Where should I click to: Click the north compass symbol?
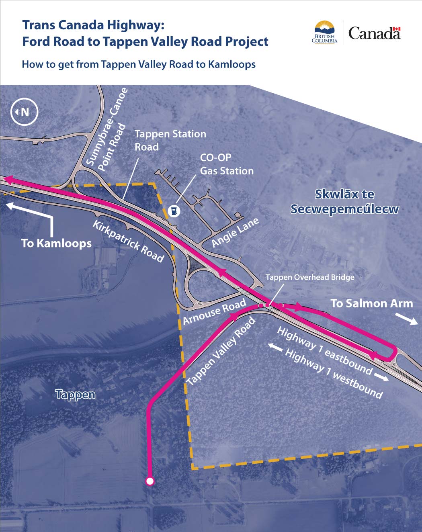tap(24, 112)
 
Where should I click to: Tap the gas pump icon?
tap(174, 211)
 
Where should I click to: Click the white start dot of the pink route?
tap(150, 481)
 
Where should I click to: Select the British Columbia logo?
tap(324, 33)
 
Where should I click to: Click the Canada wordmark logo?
tap(374, 33)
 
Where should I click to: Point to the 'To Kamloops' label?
tap(56, 243)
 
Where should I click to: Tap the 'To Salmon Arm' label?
tap(371, 303)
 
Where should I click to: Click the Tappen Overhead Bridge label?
tap(310, 277)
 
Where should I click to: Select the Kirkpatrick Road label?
tap(129, 241)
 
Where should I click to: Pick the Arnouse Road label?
tap(214, 312)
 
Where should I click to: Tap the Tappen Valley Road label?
tap(221, 350)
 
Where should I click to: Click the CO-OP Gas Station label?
tap(227, 164)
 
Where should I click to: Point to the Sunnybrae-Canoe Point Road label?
tap(107, 130)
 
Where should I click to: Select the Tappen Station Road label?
tap(170, 140)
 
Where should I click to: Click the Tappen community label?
tap(76, 394)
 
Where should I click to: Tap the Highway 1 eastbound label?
tap(325, 350)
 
